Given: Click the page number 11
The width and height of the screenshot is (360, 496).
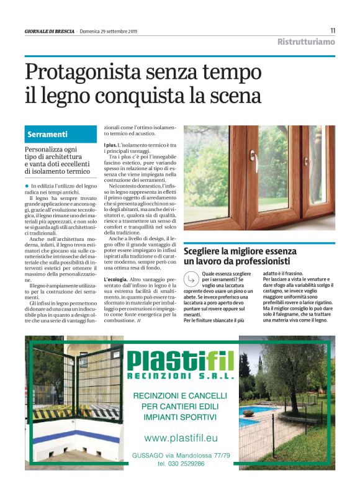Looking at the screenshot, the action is coord(333,30).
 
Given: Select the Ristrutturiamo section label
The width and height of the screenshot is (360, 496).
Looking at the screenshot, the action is coord(306,42).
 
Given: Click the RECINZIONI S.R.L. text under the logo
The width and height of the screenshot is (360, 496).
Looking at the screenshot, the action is coord(180,376).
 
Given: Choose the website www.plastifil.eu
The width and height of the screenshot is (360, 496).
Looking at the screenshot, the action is coord(181,438).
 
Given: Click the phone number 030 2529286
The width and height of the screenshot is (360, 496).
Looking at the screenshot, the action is coord(181,463).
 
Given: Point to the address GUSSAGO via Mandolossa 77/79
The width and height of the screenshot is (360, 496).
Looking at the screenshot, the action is coord(181,455).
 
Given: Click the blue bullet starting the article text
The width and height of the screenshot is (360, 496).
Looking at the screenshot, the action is coord(27,186).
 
